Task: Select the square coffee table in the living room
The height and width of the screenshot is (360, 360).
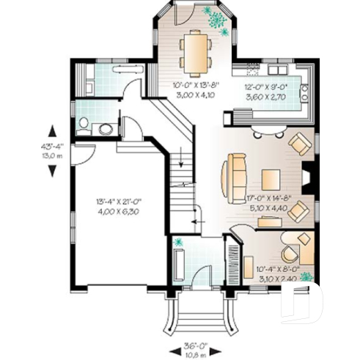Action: point(271,179)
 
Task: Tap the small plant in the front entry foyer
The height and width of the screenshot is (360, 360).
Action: point(177,243)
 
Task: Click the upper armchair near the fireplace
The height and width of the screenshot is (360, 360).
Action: point(298,144)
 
